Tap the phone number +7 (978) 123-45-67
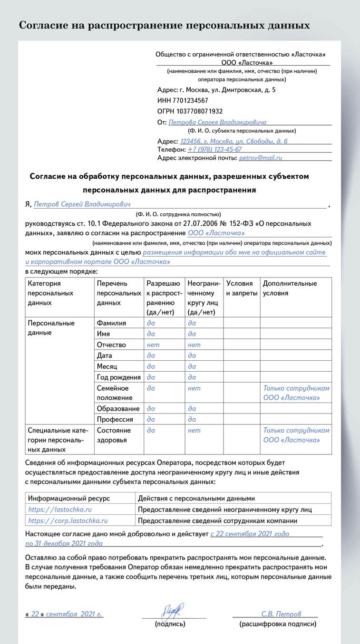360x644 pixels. [x=214, y=149]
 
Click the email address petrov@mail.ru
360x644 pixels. [x=261, y=157]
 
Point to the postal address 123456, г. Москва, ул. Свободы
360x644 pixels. [x=234, y=141]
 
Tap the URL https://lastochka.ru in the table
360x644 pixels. [x=60, y=509]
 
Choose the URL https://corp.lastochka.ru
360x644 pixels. [x=68, y=520]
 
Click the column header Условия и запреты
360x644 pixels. [x=242, y=288]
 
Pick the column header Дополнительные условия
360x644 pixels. [x=290, y=288]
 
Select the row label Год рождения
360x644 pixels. [x=118, y=377]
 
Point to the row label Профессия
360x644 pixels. [x=115, y=419]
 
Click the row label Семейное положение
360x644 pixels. [x=115, y=393]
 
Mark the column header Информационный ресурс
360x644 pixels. [x=69, y=498]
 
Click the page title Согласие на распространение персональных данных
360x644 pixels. [x=164, y=25]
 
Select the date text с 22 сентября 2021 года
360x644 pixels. [x=250, y=534]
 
